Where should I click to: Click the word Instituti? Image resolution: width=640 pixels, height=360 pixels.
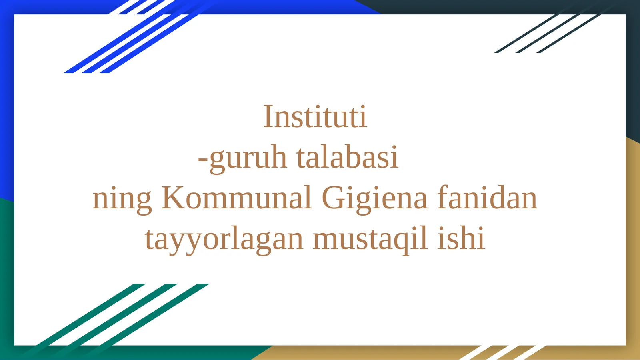[x=315, y=117]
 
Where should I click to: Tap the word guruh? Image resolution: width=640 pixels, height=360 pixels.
[x=248, y=158]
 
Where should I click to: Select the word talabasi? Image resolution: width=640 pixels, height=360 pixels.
[x=347, y=157]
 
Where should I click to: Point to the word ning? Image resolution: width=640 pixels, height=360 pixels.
[x=122, y=198]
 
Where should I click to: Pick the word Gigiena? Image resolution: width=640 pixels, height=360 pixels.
[x=374, y=198]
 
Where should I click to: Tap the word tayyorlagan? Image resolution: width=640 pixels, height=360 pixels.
[x=224, y=239]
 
